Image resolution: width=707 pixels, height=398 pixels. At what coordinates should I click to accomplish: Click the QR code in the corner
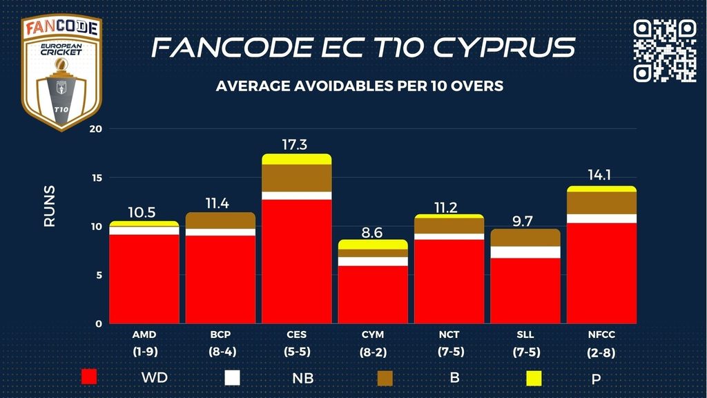[665, 50]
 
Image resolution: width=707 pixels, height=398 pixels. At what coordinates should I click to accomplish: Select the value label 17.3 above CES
[296, 145]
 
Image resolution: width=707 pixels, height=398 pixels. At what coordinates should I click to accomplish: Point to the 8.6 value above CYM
[372, 232]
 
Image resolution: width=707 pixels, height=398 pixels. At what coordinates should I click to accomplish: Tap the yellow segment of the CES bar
[296, 159]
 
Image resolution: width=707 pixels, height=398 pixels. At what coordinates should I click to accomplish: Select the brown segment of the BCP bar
[220, 220]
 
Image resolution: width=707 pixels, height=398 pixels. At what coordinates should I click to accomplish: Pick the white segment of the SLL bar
[525, 252]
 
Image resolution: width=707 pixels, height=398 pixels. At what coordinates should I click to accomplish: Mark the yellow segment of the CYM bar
[372, 245]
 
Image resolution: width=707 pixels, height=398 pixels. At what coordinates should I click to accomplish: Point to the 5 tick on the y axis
[99, 275]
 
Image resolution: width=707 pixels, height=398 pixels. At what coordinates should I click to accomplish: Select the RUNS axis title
[50, 206]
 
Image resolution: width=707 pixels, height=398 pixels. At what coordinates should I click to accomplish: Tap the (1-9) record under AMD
[144, 351]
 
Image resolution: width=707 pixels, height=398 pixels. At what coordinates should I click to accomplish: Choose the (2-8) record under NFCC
[601, 352]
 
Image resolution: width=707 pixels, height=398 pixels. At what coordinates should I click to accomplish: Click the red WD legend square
[89, 377]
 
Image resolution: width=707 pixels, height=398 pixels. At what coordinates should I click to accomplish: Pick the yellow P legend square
[532, 377]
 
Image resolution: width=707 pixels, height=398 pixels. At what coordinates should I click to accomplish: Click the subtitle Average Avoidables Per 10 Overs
[359, 86]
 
